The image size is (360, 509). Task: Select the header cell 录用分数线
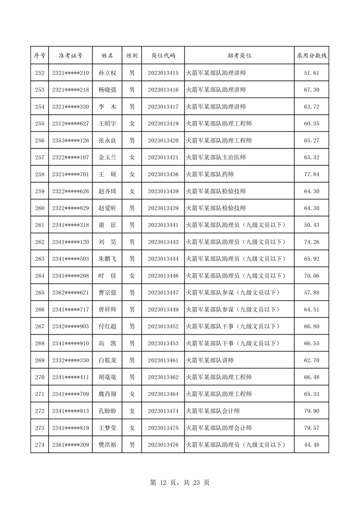click(x=312, y=56)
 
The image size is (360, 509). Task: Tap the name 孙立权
click(x=107, y=73)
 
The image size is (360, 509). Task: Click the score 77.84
click(x=312, y=174)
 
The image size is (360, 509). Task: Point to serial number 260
click(x=39, y=208)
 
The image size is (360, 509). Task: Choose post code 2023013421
click(x=163, y=157)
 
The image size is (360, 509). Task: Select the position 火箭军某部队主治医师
click(x=215, y=157)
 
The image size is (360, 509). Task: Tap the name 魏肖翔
click(x=107, y=394)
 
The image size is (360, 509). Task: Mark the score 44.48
click(x=312, y=445)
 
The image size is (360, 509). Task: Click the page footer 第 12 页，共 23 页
click(x=180, y=482)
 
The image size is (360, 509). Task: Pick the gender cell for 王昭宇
click(x=132, y=124)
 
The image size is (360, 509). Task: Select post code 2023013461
click(x=163, y=361)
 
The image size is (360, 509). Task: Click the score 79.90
click(x=312, y=411)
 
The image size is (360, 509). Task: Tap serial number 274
click(x=39, y=445)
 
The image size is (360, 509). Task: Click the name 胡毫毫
click(x=107, y=377)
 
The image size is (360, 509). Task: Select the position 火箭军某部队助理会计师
click(x=219, y=428)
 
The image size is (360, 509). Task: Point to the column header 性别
click(x=132, y=56)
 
